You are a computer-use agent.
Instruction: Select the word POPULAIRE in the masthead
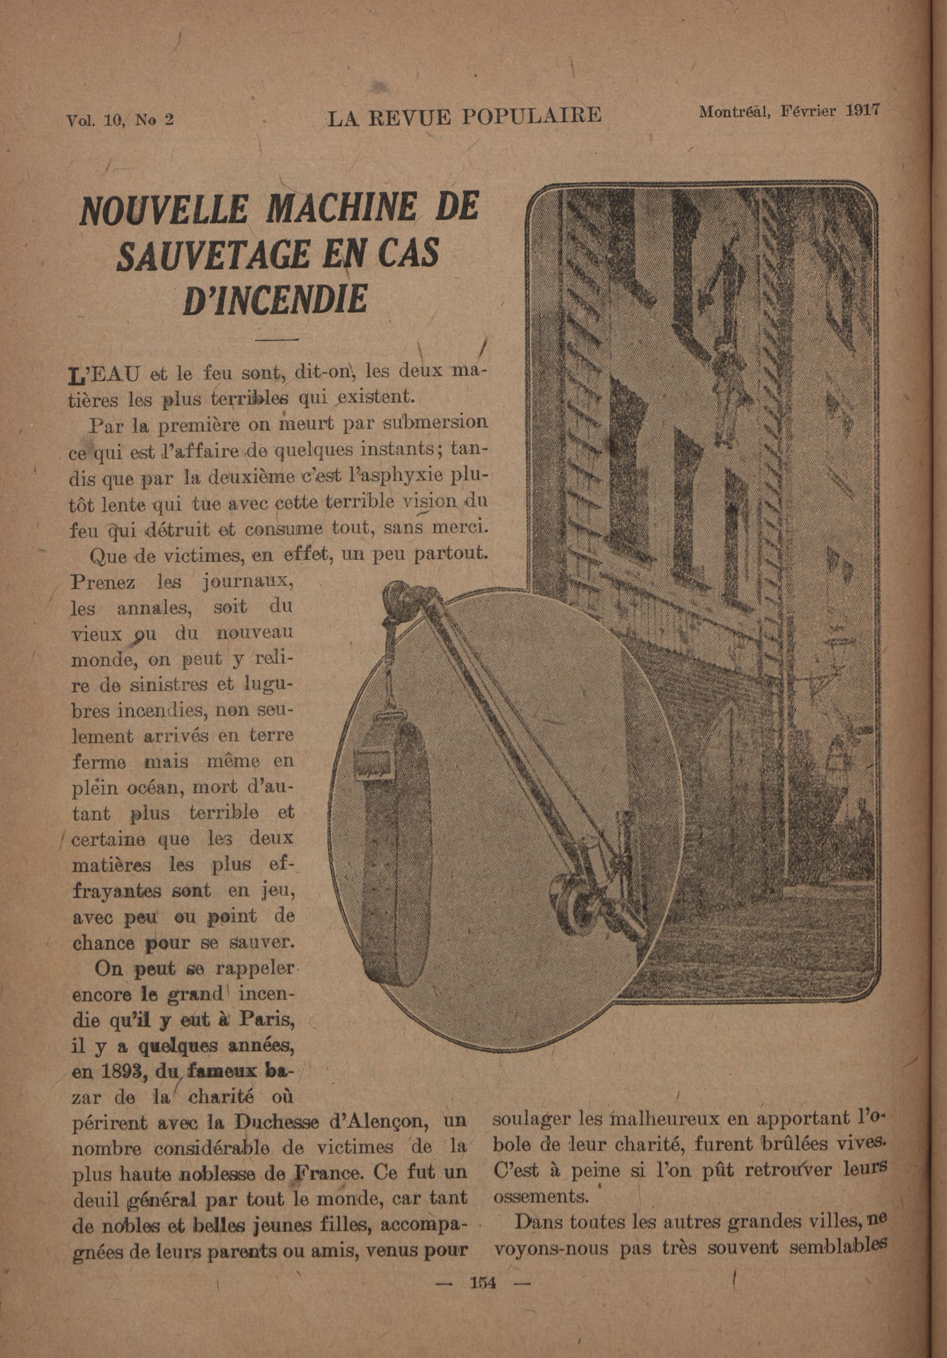coord(531,115)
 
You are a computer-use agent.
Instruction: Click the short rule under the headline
coord(276,339)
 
